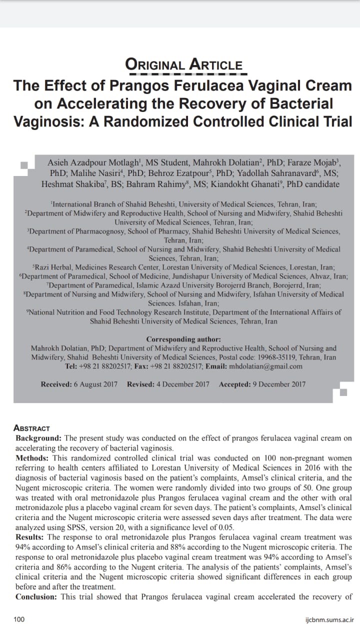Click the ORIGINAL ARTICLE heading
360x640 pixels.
coord(184,64)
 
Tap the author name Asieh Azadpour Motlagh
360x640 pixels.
coord(93,162)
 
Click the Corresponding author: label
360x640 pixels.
coord(183,339)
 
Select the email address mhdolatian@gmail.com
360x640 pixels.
coord(265,366)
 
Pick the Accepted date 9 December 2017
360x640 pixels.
coord(277,384)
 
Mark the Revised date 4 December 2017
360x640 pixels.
coord(183,384)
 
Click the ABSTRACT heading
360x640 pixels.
coord(32,428)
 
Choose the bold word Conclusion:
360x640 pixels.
coord(37,597)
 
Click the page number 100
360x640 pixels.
coord(19,619)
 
